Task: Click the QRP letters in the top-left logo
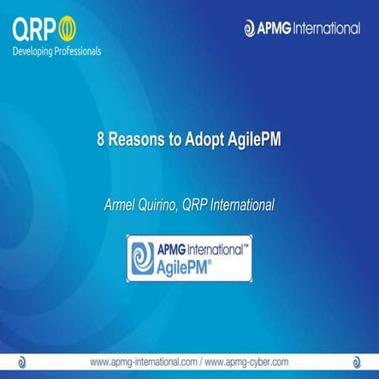[x=34, y=31]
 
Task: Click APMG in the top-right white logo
[x=275, y=28]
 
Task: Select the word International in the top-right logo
[x=329, y=28]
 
